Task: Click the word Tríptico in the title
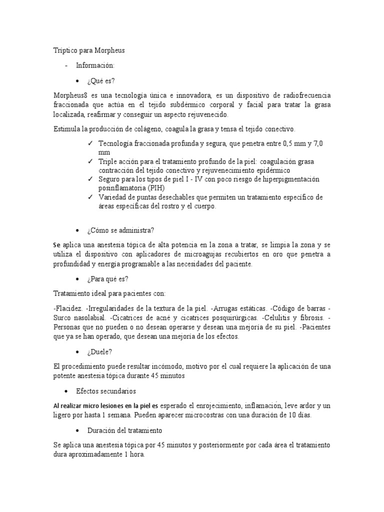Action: click(x=64, y=50)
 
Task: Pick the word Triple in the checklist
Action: click(x=107, y=162)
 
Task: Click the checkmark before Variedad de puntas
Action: click(x=89, y=197)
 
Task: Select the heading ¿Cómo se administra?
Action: click(x=120, y=230)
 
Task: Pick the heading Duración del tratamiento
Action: click(x=124, y=430)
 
